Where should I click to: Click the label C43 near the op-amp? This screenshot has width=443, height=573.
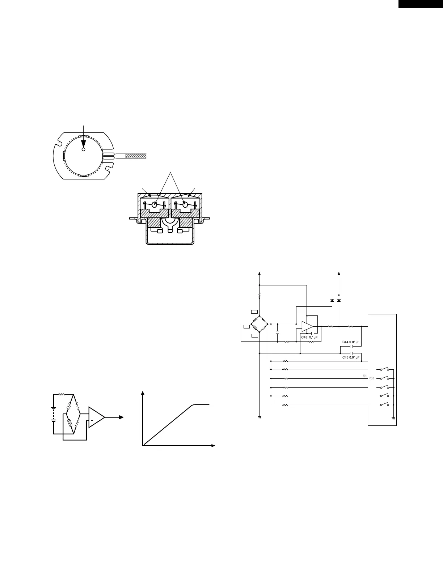tap(304, 337)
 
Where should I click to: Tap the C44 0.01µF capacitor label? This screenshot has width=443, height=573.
tap(351, 342)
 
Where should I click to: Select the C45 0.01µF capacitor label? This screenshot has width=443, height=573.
tap(351, 357)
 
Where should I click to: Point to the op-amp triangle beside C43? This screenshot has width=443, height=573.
tap(307, 326)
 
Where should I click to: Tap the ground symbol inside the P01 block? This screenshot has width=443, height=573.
tap(393, 418)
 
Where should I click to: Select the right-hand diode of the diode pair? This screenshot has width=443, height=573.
tap(339, 301)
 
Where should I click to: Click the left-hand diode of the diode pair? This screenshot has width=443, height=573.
tap(332, 301)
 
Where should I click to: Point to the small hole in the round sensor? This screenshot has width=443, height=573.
tap(83, 149)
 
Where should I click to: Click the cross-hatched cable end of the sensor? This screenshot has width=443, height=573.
tap(136, 156)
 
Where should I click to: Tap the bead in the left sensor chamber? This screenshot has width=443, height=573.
tap(155, 205)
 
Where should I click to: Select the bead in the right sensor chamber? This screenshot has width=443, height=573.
tap(186, 205)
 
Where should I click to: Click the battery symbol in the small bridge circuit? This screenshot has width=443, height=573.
tap(54, 414)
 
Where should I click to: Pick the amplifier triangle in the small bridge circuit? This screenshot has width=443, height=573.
tap(96, 417)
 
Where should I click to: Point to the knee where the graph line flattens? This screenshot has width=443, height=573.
tap(194, 404)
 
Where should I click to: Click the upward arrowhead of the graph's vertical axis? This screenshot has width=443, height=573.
tap(144, 393)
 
